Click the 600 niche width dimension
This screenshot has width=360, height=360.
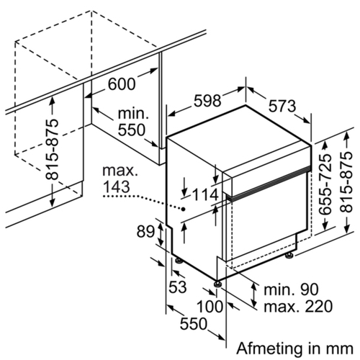click(x=122, y=84)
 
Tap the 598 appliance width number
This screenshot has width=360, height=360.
click(x=207, y=101)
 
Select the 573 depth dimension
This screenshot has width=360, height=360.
click(x=282, y=107)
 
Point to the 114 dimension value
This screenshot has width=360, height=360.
click(x=205, y=194)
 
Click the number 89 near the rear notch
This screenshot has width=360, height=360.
click(x=145, y=231)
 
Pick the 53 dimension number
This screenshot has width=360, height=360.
click(x=178, y=287)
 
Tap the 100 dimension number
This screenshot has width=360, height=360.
click(x=210, y=307)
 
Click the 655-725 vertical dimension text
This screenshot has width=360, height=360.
click(x=325, y=184)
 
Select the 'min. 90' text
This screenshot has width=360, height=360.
click(x=291, y=289)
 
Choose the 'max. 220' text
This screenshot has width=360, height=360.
click(x=298, y=306)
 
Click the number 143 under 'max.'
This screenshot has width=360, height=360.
click(x=117, y=186)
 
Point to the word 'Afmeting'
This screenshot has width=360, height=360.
click(x=269, y=348)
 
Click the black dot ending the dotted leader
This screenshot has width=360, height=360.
click(x=184, y=209)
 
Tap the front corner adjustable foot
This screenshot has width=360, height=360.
click(x=218, y=284)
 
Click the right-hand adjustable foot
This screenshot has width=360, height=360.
click(x=289, y=255)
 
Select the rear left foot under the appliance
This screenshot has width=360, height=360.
click(x=179, y=261)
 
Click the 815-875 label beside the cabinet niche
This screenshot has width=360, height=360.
click(x=52, y=149)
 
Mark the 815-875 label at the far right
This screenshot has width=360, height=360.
click(x=346, y=182)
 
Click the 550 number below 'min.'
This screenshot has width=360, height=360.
click(x=132, y=130)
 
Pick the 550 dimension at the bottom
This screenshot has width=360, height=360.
click(x=194, y=323)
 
